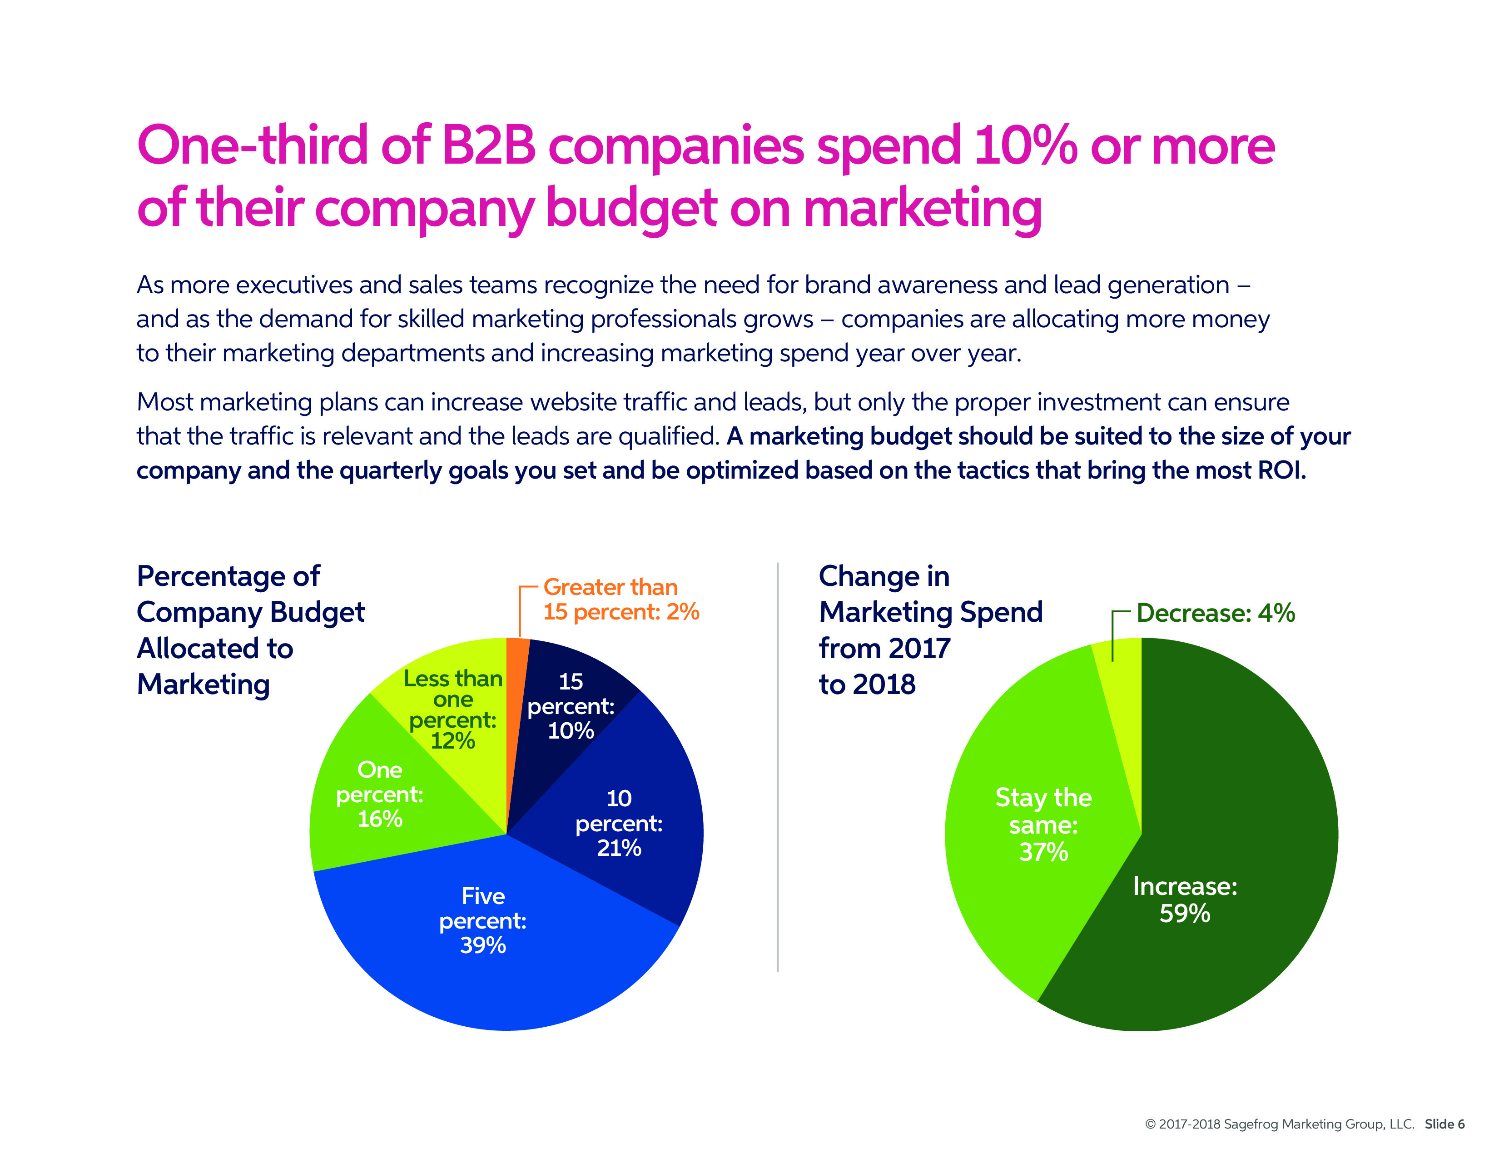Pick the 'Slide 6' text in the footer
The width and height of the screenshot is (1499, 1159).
point(1445,1124)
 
